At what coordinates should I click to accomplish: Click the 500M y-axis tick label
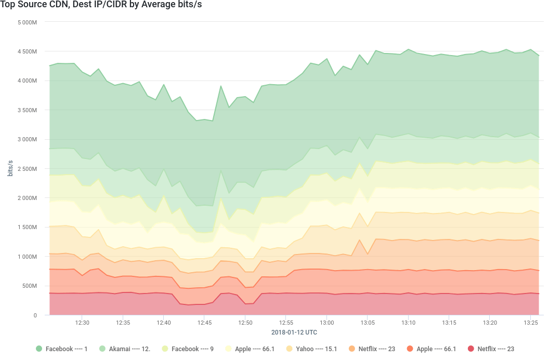(x=30, y=286)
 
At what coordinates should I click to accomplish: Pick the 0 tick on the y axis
(x=35, y=315)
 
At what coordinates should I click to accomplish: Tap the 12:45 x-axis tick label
(x=204, y=323)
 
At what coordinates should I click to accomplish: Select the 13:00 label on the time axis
(x=326, y=323)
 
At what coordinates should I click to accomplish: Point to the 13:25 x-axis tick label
(x=530, y=323)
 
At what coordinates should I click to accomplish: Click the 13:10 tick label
(x=408, y=323)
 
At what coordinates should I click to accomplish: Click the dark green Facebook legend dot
(x=38, y=349)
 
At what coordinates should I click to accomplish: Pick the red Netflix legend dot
(x=471, y=349)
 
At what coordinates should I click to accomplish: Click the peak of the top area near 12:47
(x=220, y=85)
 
